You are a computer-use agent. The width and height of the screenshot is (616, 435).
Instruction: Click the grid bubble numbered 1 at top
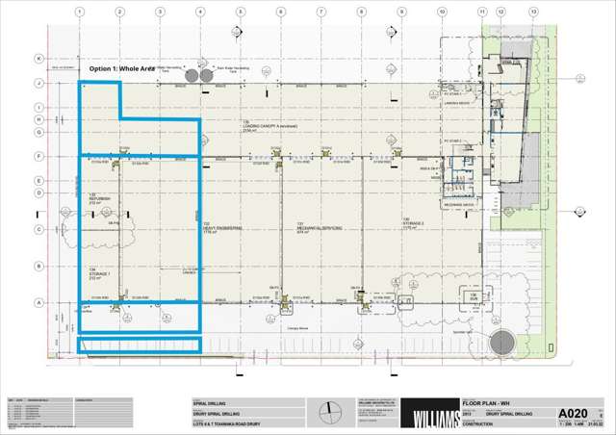[x=80, y=12]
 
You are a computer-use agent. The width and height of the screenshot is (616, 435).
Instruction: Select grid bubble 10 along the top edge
[x=441, y=12]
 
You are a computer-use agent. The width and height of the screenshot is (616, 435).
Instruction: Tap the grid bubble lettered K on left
[x=39, y=59]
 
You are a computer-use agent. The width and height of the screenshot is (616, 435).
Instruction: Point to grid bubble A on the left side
[x=39, y=302]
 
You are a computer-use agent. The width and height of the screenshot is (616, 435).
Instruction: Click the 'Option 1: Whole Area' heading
[x=122, y=69]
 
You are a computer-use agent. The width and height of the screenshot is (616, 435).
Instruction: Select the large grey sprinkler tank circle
[x=502, y=342]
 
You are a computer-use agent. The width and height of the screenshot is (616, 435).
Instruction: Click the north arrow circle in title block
[x=332, y=413]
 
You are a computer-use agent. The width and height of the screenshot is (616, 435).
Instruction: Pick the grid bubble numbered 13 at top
[x=533, y=12]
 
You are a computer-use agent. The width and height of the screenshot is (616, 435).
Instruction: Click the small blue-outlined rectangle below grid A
[x=139, y=345]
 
